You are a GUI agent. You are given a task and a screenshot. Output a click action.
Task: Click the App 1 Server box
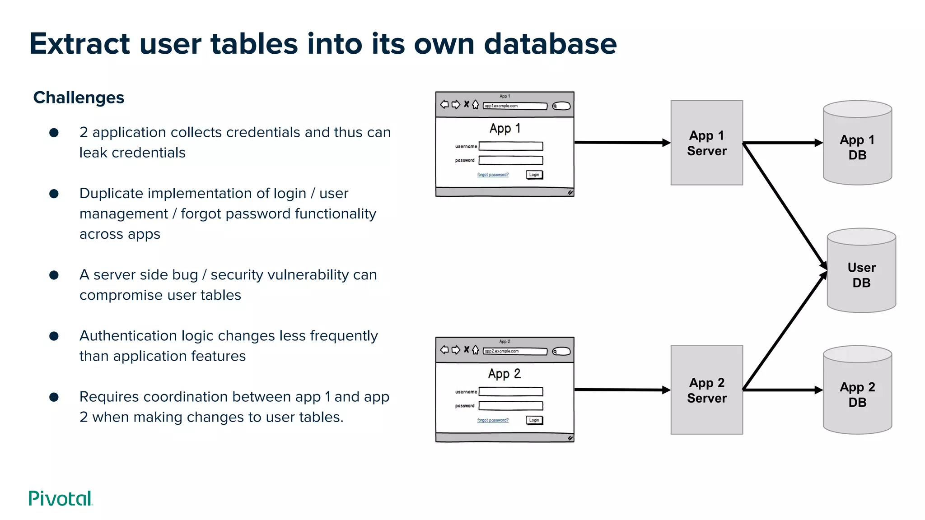(x=706, y=143)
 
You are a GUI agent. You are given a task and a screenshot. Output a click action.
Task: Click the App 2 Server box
(x=706, y=390)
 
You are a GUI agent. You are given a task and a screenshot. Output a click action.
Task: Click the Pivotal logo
(x=61, y=498)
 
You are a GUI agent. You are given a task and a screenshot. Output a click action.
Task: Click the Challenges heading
(x=79, y=97)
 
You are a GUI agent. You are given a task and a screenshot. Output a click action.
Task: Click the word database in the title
(x=550, y=44)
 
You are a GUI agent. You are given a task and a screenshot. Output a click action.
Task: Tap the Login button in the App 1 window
(x=534, y=175)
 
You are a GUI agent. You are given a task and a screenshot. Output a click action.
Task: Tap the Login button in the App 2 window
(x=534, y=420)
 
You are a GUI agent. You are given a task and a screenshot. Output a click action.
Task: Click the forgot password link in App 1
(x=493, y=175)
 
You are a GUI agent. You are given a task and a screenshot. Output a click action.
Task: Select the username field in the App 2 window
(x=511, y=392)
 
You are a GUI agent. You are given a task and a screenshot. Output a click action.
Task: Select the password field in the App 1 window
(x=511, y=160)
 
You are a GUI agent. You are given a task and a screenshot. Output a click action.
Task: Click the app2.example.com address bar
(x=515, y=351)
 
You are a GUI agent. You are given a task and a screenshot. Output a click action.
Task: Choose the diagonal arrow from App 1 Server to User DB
(x=785, y=205)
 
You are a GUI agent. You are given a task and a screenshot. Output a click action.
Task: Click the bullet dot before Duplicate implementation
(x=54, y=194)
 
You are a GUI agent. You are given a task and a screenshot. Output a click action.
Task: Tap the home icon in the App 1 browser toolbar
(x=476, y=105)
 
